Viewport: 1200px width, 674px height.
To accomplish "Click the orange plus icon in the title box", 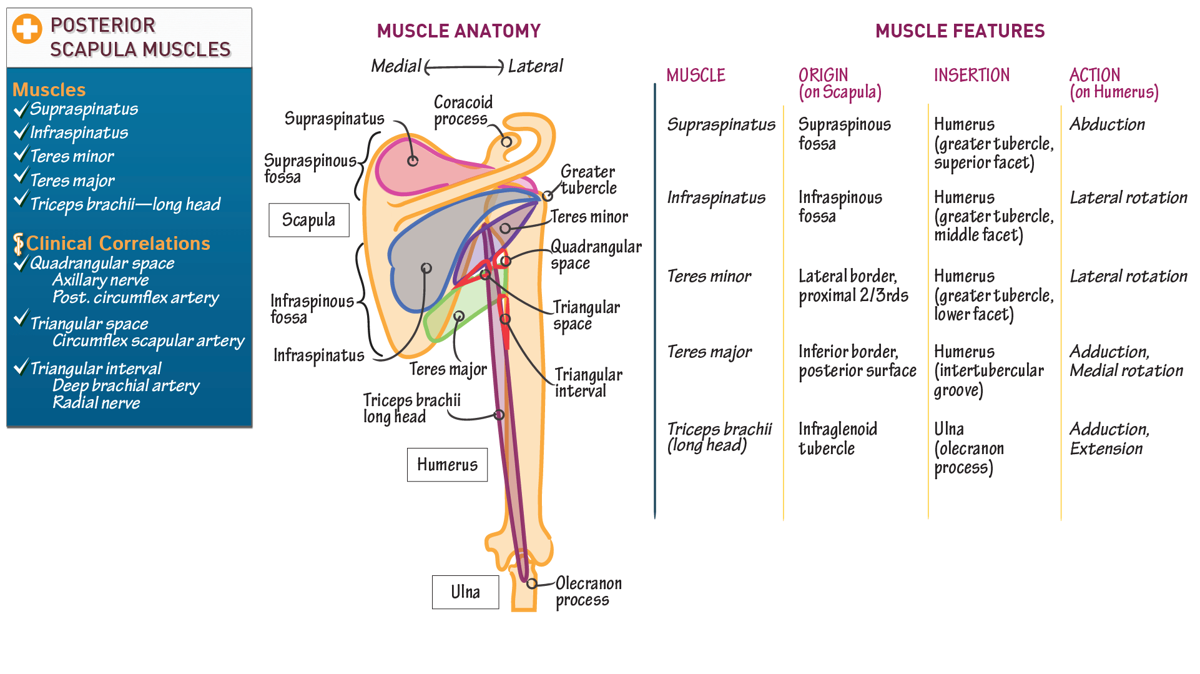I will coord(27,29).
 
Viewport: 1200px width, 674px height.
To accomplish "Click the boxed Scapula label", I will coord(308,220).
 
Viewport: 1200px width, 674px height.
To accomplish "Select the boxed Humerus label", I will coord(447,465).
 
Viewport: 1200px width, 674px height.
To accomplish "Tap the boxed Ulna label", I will coord(465,592).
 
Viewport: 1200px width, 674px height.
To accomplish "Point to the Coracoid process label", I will coord(463,111).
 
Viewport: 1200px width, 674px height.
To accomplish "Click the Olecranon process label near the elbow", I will coord(588,592).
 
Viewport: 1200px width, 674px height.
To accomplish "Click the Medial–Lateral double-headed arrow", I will coord(464,67).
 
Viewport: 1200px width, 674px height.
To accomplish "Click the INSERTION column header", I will coord(971,76).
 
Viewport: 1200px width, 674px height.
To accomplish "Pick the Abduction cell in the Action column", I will coord(1107,124).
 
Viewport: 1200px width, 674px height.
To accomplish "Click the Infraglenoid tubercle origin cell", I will coord(837,439).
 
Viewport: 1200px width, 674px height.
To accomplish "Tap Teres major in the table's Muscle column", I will coord(709,352).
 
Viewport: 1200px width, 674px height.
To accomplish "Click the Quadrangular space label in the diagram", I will coord(595,255).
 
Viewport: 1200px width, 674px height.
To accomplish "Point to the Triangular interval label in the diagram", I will coord(588,382).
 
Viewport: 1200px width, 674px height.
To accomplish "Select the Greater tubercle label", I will coord(588,180).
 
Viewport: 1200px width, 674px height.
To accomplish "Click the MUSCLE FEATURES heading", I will coord(960,31).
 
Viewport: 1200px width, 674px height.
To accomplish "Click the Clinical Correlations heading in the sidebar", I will coord(117,243).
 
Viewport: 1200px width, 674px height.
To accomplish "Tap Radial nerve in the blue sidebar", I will coord(96,403).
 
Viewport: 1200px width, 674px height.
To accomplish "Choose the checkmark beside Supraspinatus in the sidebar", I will coord(21,110).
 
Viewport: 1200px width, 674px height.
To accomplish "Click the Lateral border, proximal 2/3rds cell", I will coord(853,285).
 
